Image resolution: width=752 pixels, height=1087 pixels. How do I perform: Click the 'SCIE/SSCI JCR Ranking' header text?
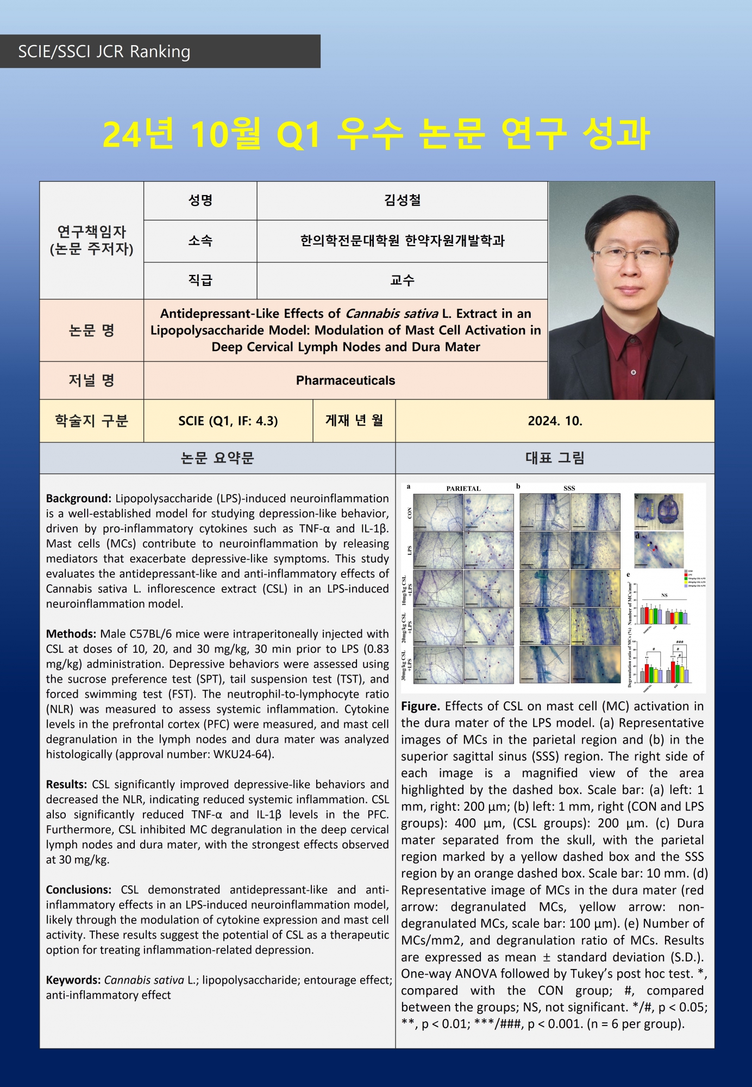pyautogui.click(x=104, y=52)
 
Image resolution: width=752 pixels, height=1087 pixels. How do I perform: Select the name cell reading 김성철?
pyautogui.click(x=402, y=201)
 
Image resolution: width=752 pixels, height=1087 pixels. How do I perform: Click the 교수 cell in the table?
pyautogui.click(x=402, y=280)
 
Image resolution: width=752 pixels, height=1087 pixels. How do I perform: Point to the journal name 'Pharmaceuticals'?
pyautogui.click(x=346, y=380)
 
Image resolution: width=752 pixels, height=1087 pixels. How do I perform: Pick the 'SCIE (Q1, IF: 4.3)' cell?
pyautogui.click(x=228, y=421)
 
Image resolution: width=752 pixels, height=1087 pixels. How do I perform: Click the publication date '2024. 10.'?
pyautogui.click(x=555, y=421)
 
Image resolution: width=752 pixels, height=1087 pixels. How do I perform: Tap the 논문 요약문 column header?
pyautogui.click(x=217, y=458)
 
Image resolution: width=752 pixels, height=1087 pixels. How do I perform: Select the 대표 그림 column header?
pyautogui.click(x=555, y=458)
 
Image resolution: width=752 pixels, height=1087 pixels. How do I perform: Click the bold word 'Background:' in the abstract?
pyautogui.click(x=78, y=498)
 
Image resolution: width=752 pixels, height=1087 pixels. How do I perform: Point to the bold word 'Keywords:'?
pyautogui.click(x=73, y=980)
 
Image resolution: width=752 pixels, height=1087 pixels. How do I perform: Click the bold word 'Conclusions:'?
pyautogui.click(x=78, y=890)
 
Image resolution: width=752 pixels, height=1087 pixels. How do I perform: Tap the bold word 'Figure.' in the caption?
pyautogui.click(x=421, y=707)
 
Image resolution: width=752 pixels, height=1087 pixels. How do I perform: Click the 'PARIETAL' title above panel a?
pyautogui.click(x=463, y=488)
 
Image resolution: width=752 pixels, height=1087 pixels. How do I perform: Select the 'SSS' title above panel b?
pyautogui.click(x=569, y=488)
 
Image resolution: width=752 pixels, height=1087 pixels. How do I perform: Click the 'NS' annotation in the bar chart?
pyautogui.click(x=664, y=596)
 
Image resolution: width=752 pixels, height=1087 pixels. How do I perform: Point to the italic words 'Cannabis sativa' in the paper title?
pyautogui.click(x=392, y=314)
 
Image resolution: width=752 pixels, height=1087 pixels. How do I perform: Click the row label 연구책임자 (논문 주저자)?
pyautogui.click(x=91, y=240)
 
